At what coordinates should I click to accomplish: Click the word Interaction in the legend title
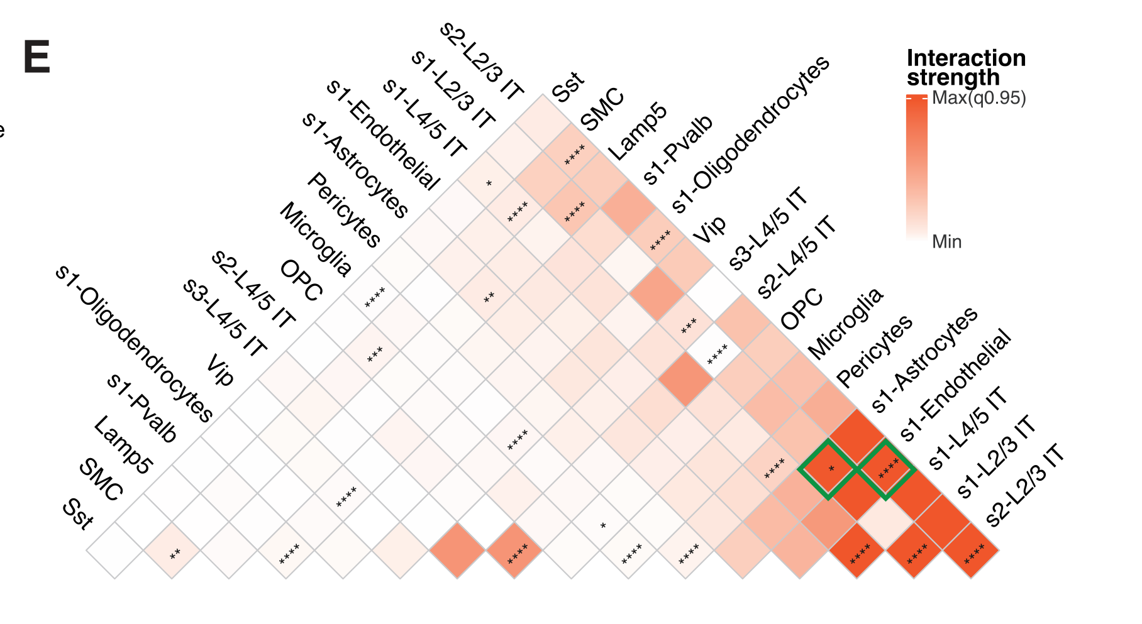[x=966, y=58]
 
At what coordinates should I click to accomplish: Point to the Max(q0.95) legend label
[x=978, y=98]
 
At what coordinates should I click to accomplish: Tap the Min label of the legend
[x=946, y=242]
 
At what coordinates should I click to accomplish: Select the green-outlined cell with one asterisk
[x=828, y=469]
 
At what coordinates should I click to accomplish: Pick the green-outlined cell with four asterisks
[x=885, y=469]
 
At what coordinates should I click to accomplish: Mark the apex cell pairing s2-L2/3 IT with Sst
[x=543, y=123]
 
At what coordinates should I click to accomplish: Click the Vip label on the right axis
[x=709, y=229]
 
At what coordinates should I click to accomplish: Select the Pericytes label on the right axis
[x=874, y=351]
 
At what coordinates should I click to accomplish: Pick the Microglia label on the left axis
[x=315, y=239]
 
